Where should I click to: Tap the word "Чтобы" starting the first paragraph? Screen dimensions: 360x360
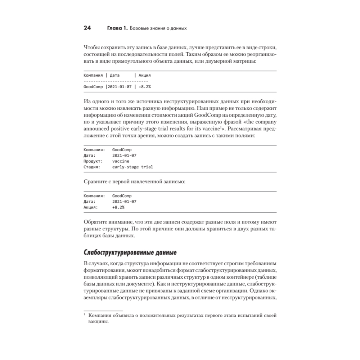pos(91,48)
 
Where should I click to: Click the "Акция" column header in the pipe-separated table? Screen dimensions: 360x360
pos(144,76)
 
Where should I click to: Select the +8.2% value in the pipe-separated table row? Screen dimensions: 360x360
pos(144,87)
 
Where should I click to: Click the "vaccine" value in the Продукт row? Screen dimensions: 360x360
pos(120,161)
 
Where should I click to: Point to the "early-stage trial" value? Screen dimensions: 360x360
pos(132,167)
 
